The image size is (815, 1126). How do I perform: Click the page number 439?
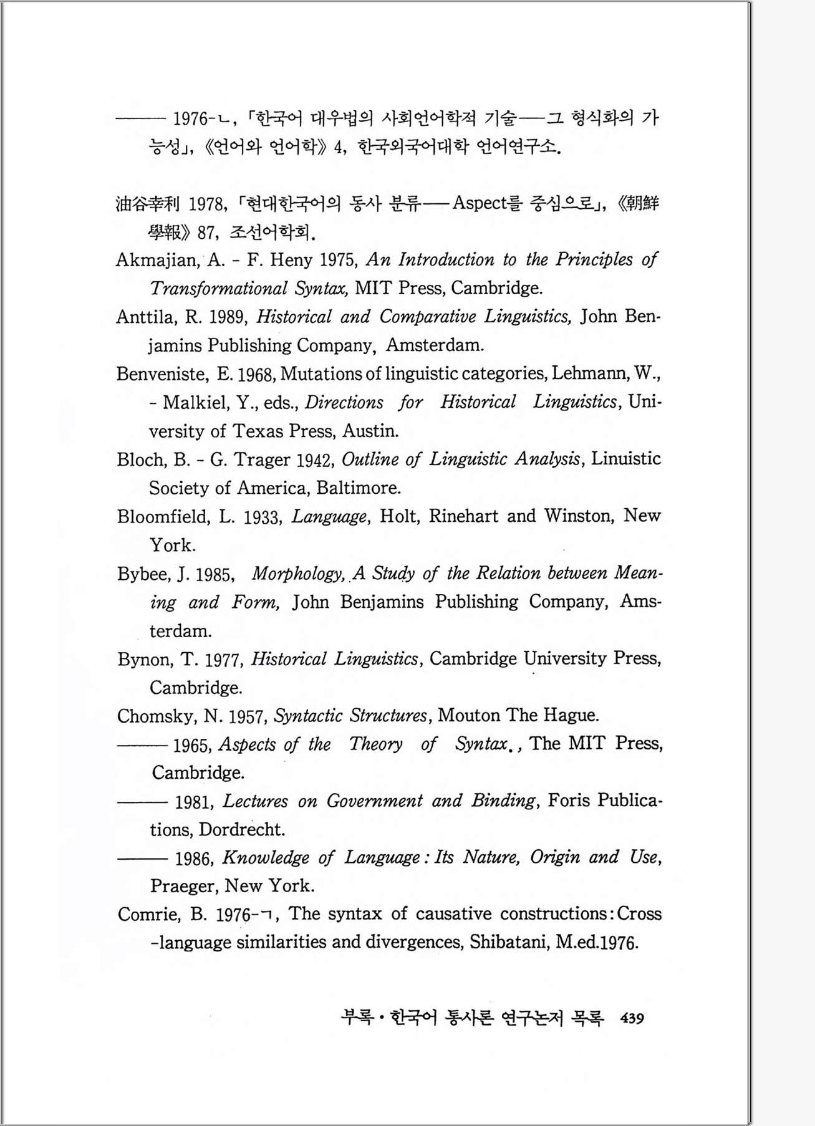point(632,1018)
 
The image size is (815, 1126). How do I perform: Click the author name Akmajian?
point(157,260)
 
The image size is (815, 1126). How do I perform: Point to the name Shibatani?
point(508,941)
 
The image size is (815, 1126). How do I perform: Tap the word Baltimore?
point(358,488)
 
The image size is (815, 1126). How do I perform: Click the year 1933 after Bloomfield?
point(260,517)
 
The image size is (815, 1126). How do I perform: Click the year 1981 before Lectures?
point(194,802)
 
